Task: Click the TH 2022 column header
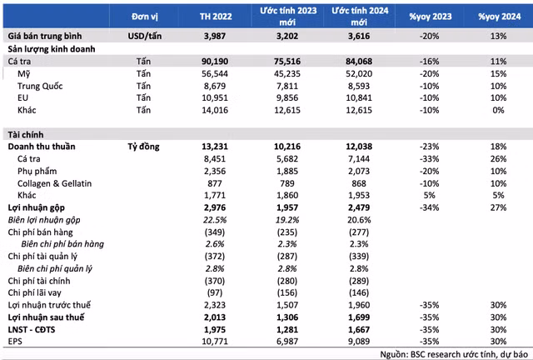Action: (x=216, y=17)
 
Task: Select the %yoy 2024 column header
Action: (x=499, y=17)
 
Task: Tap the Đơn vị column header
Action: (x=145, y=17)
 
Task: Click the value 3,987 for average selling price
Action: (x=215, y=36)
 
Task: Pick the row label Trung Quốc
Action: (x=40, y=86)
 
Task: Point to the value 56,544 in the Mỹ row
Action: (x=215, y=74)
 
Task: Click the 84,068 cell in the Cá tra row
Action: (x=359, y=62)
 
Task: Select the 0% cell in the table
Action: (x=498, y=110)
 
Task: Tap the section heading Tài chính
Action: (x=26, y=135)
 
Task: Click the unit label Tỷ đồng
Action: (x=143, y=147)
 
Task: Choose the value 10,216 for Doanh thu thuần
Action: (x=287, y=147)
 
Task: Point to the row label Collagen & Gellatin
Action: (x=55, y=183)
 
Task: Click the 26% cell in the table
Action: (x=498, y=159)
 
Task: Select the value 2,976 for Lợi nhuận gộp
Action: (x=215, y=207)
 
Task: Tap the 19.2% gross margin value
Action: (x=287, y=220)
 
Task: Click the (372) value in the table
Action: (x=215, y=256)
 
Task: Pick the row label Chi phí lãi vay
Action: (x=35, y=292)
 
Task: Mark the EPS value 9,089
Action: (x=359, y=342)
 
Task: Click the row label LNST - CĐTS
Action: (x=32, y=329)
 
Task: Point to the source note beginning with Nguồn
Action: (x=454, y=354)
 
